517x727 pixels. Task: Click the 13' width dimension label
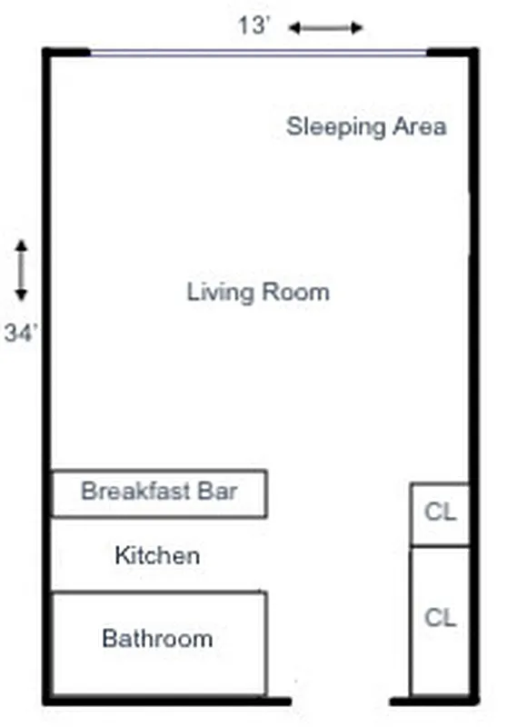tap(254, 26)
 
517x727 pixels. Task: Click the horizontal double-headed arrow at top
tap(325, 28)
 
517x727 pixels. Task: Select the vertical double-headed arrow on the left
tap(21, 270)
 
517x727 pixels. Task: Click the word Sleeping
tap(323, 126)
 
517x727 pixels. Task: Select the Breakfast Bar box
tap(159, 493)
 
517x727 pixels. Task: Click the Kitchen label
tap(157, 554)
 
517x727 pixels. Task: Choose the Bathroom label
tap(157, 638)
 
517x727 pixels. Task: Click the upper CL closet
tap(440, 513)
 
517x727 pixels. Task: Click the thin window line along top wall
tap(258, 53)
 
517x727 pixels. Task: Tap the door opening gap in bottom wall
tap(341, 701)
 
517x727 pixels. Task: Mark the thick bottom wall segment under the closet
tap(432, 701)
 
